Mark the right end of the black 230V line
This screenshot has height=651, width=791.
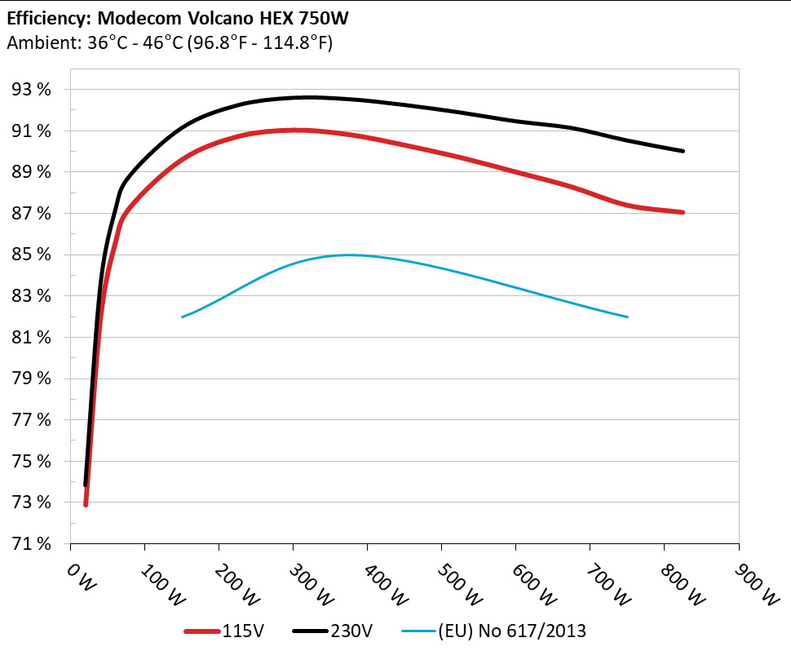(x=683, y=151)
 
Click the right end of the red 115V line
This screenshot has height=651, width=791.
(x=683, y=212)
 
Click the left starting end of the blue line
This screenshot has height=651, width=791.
(x=182, y=317)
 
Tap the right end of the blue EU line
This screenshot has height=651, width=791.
(x=628, y=317)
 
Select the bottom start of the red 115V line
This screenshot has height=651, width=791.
(x=86, y=504)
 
